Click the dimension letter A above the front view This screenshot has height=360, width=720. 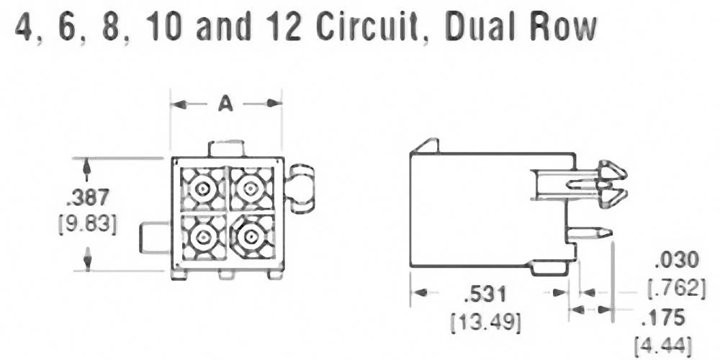pos(225,104)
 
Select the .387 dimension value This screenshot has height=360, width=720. pos(87,197)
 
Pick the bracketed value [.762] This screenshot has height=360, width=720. pos(676,288)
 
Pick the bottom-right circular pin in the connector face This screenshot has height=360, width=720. pos(250,237)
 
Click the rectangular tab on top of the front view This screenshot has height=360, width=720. pos(226,148)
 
